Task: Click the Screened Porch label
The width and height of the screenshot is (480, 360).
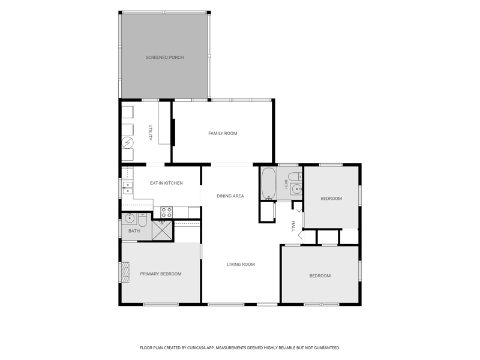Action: pos(164,57)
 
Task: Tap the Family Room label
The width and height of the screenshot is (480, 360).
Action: pos(223,133)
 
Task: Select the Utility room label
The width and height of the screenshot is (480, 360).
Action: pos(150,132)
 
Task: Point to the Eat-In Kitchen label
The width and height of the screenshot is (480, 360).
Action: pos(166,183)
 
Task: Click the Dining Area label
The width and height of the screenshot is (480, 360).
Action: pos(230,196)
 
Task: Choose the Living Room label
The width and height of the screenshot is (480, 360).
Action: pos(241,264)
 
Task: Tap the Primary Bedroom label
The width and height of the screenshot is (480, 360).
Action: pos(161,274)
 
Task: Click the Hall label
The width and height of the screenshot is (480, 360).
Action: pos(293,226)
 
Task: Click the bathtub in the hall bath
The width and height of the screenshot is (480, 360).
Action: pos(269,184)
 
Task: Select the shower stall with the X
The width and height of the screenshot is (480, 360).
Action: pos(162,230)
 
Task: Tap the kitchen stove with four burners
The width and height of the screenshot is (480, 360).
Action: pos(167,212)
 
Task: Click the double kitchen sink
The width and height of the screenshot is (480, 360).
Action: pos(128,188)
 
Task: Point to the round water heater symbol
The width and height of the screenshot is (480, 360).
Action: pos(127,143)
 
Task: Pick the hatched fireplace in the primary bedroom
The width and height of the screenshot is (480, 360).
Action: pos(126,272)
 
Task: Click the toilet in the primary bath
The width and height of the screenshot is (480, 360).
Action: pos(143,219)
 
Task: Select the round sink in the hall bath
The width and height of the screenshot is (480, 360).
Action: pos(296,189)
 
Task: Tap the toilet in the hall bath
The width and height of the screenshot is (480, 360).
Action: pos(295,176)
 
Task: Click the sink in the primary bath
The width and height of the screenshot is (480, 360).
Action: pos(129,218)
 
